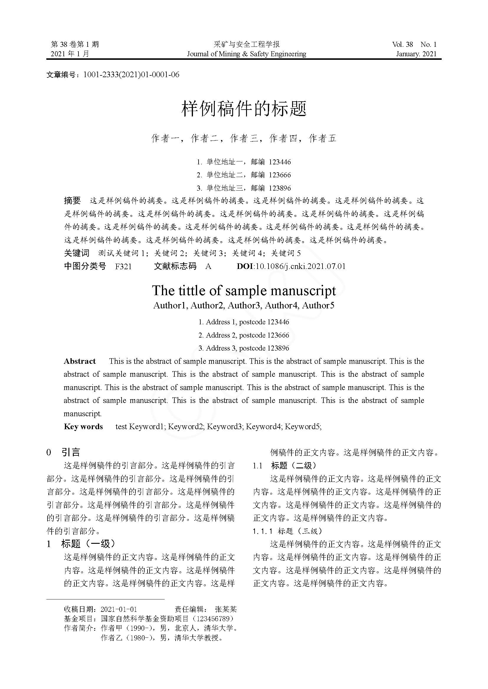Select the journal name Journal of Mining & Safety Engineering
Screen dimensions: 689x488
(246, 54)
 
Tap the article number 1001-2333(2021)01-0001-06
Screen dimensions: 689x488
(131, 75)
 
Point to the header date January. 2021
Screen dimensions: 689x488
(416, 54)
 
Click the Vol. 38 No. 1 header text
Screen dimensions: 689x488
(414, 44)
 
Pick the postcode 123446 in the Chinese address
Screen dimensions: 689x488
(280, 162)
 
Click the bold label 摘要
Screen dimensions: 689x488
(72, 201)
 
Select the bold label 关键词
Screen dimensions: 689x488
(77, 253)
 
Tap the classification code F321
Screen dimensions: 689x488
(123, 266)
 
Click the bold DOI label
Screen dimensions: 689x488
(245, 266)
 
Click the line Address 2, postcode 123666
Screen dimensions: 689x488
(244, 335)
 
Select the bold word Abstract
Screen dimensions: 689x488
(80, 361)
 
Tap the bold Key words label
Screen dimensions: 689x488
(83, 427)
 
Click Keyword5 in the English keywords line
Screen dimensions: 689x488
(303, 427)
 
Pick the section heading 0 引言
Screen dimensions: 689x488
(63, 452)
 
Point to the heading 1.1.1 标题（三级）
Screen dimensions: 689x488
(287, 531)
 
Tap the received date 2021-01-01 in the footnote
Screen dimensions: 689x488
(119, 609)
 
